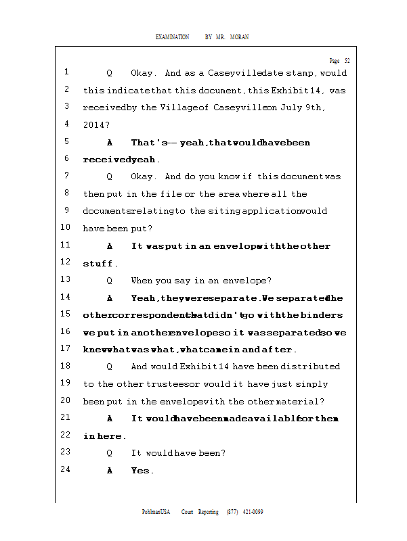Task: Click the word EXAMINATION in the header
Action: (x=172, y=37)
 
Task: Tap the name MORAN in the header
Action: (x=239, y=37)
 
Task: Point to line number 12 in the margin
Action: (x=66, y=262)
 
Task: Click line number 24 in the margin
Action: (x=66, y=469)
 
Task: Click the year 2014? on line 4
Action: (x=96, y=125)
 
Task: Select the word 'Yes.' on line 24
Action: (x=142, y=471)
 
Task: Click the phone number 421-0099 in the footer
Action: (x=252, y=512)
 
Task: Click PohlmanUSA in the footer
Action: (x=156, y=512)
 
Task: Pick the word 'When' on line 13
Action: (x=142, y=280)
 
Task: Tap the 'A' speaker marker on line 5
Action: (x=110, y=143)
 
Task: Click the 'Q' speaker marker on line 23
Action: (x=110, y=453)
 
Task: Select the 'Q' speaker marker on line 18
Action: (x=110, y=367)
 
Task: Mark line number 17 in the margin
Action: (x=66, y=348)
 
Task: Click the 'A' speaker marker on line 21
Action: (x=110, y=419)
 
